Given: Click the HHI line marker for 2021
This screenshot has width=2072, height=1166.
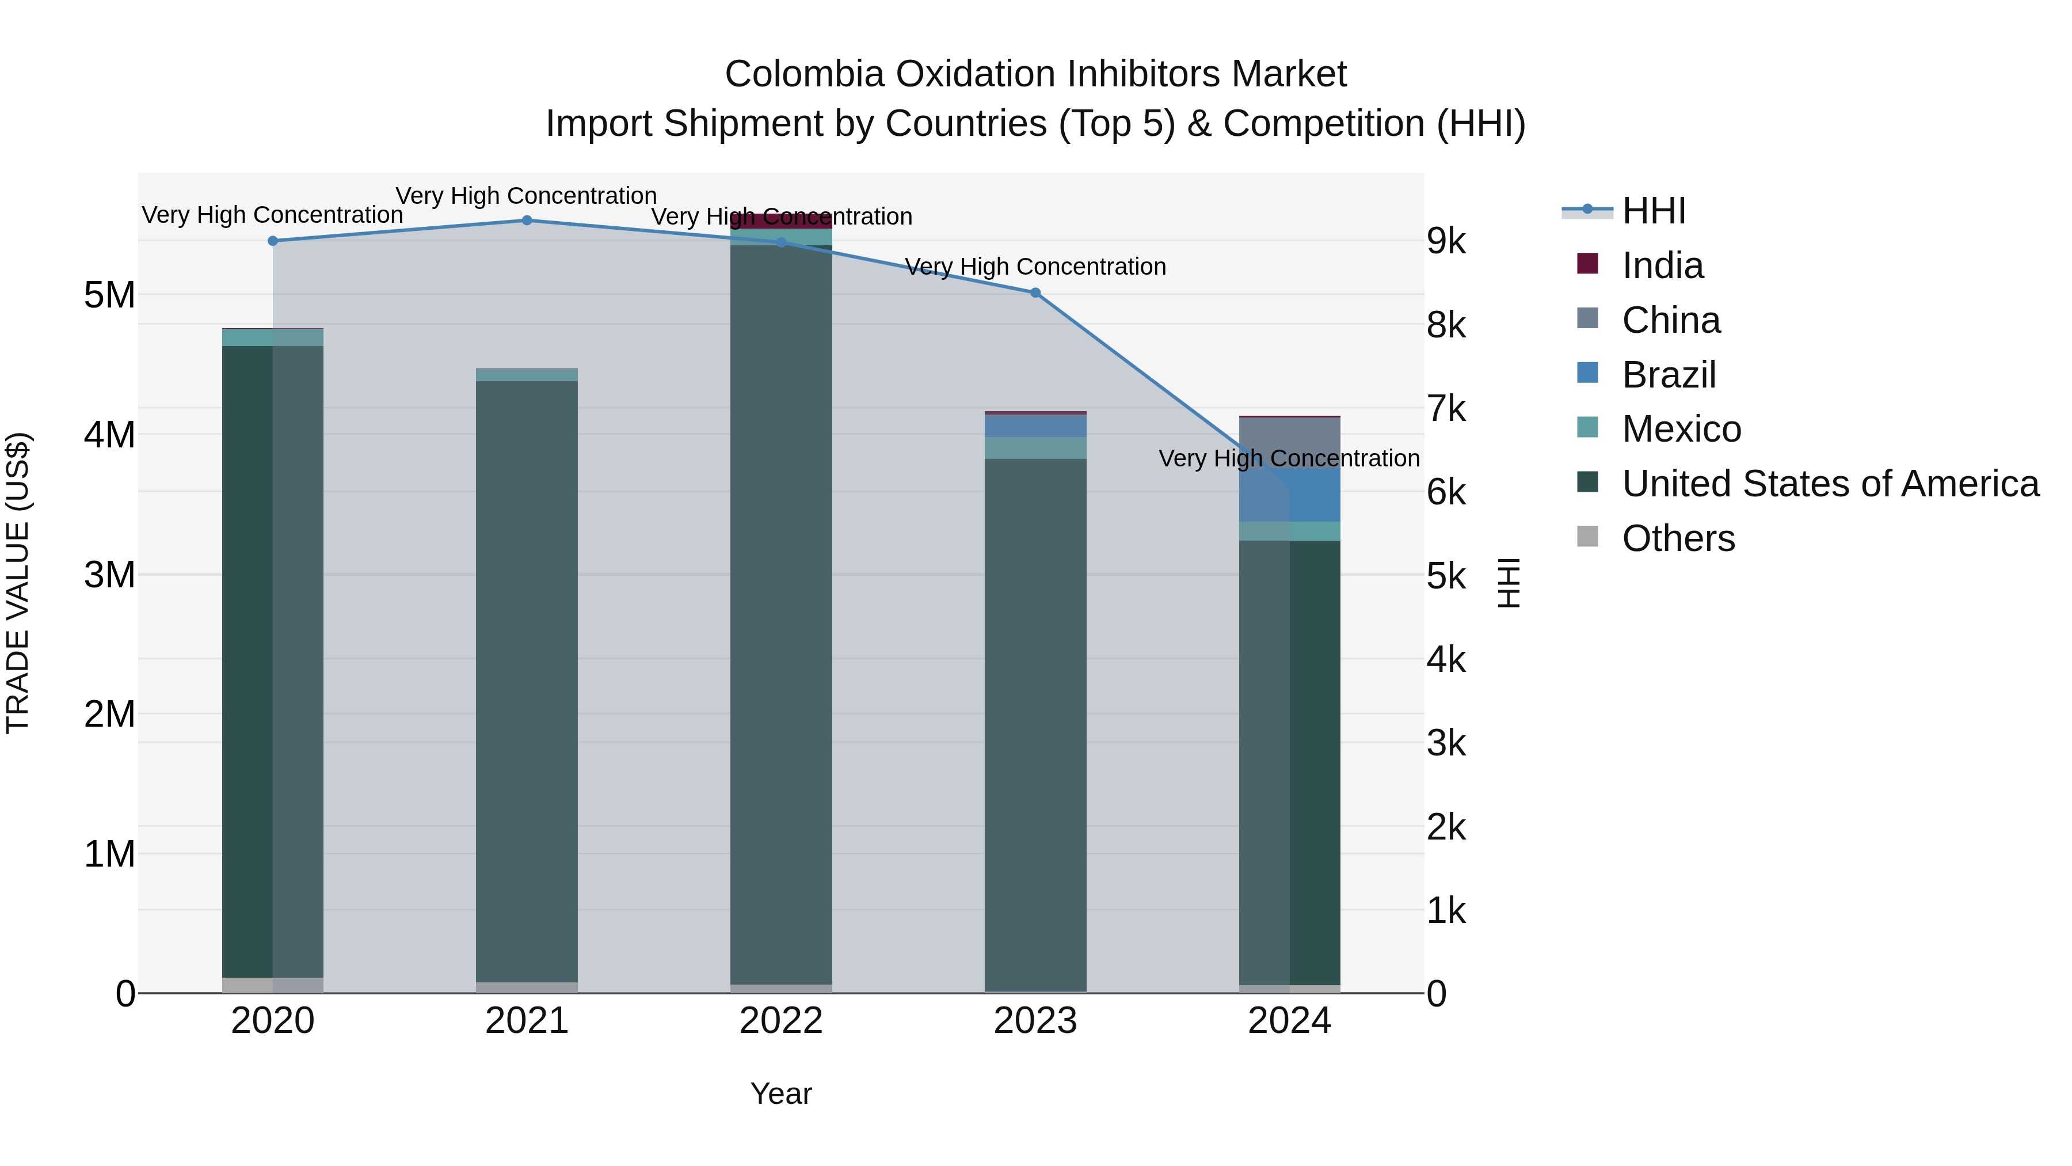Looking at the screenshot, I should [x=527, y=221].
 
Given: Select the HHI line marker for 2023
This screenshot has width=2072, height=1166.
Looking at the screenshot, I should [x=1035, y=293].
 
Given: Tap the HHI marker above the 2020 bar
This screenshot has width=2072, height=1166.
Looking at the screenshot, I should [x=273, y=241].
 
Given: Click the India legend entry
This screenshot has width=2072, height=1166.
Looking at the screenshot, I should [x=1662, y=265].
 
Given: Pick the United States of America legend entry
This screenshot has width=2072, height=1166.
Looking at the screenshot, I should [x=1830, y=484].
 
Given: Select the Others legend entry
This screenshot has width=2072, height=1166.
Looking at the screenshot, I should [x=1678, y=538].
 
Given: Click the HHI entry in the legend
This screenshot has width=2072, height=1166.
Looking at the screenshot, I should [x=1653, y=211].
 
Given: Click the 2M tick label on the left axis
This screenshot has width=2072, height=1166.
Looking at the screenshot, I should [x=109, y=714].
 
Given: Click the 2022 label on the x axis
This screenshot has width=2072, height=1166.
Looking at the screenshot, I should [x=781, y=1021].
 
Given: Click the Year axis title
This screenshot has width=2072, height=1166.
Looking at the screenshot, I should [x=781, y=1093].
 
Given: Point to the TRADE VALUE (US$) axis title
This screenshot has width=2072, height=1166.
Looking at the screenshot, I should [x=18, y=583].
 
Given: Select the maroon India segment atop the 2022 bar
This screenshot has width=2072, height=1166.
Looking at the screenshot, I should [x=781, y=221].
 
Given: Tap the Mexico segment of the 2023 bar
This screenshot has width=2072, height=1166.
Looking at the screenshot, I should [x=1035, y=447].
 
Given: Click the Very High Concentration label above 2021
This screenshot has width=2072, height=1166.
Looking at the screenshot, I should [x=526, y=196].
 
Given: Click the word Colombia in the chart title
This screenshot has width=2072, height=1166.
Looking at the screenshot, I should [x=805, y=74].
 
